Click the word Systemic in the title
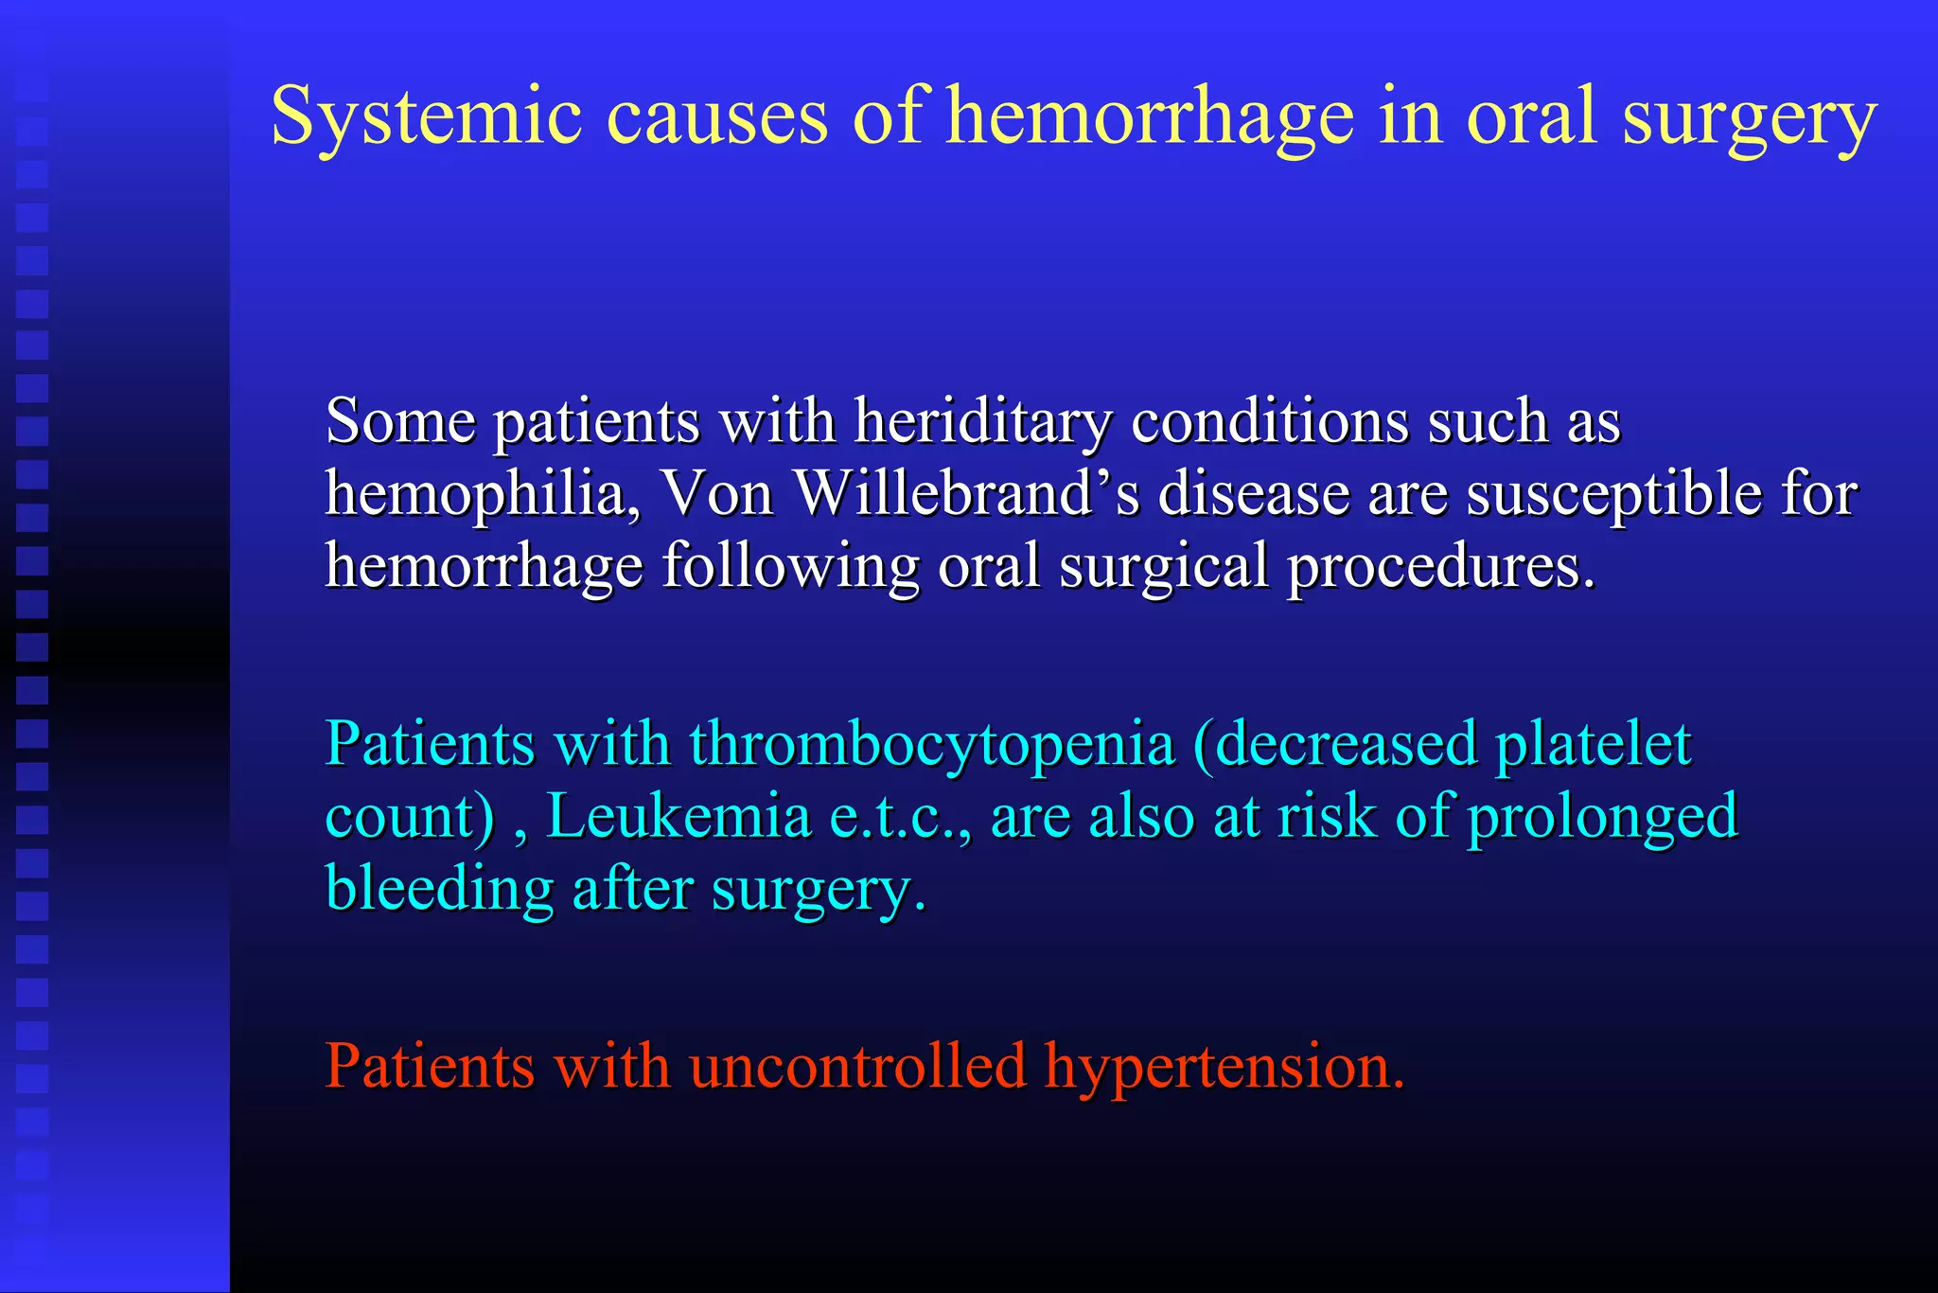426,115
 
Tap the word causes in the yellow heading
716,117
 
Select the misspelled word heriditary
983,422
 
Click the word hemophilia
483,494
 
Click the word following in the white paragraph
790,568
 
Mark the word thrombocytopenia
932,745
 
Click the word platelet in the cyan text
1593,743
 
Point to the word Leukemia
678,816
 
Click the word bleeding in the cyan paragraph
439,890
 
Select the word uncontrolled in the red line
857,1066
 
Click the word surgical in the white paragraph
1163,568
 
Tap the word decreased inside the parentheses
1345,743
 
